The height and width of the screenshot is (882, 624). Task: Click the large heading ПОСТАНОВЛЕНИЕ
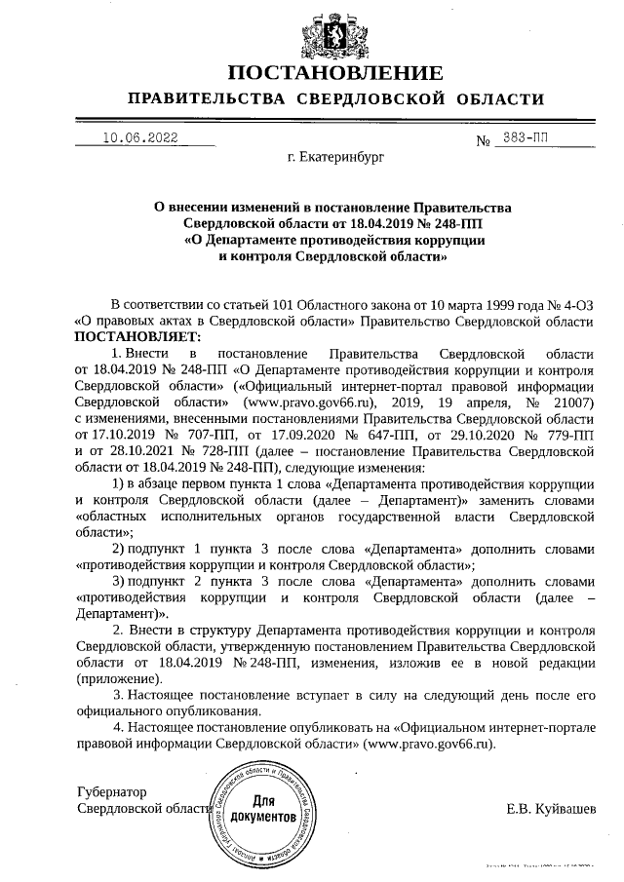click(334, 73)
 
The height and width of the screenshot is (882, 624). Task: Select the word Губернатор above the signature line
click(111, 792)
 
